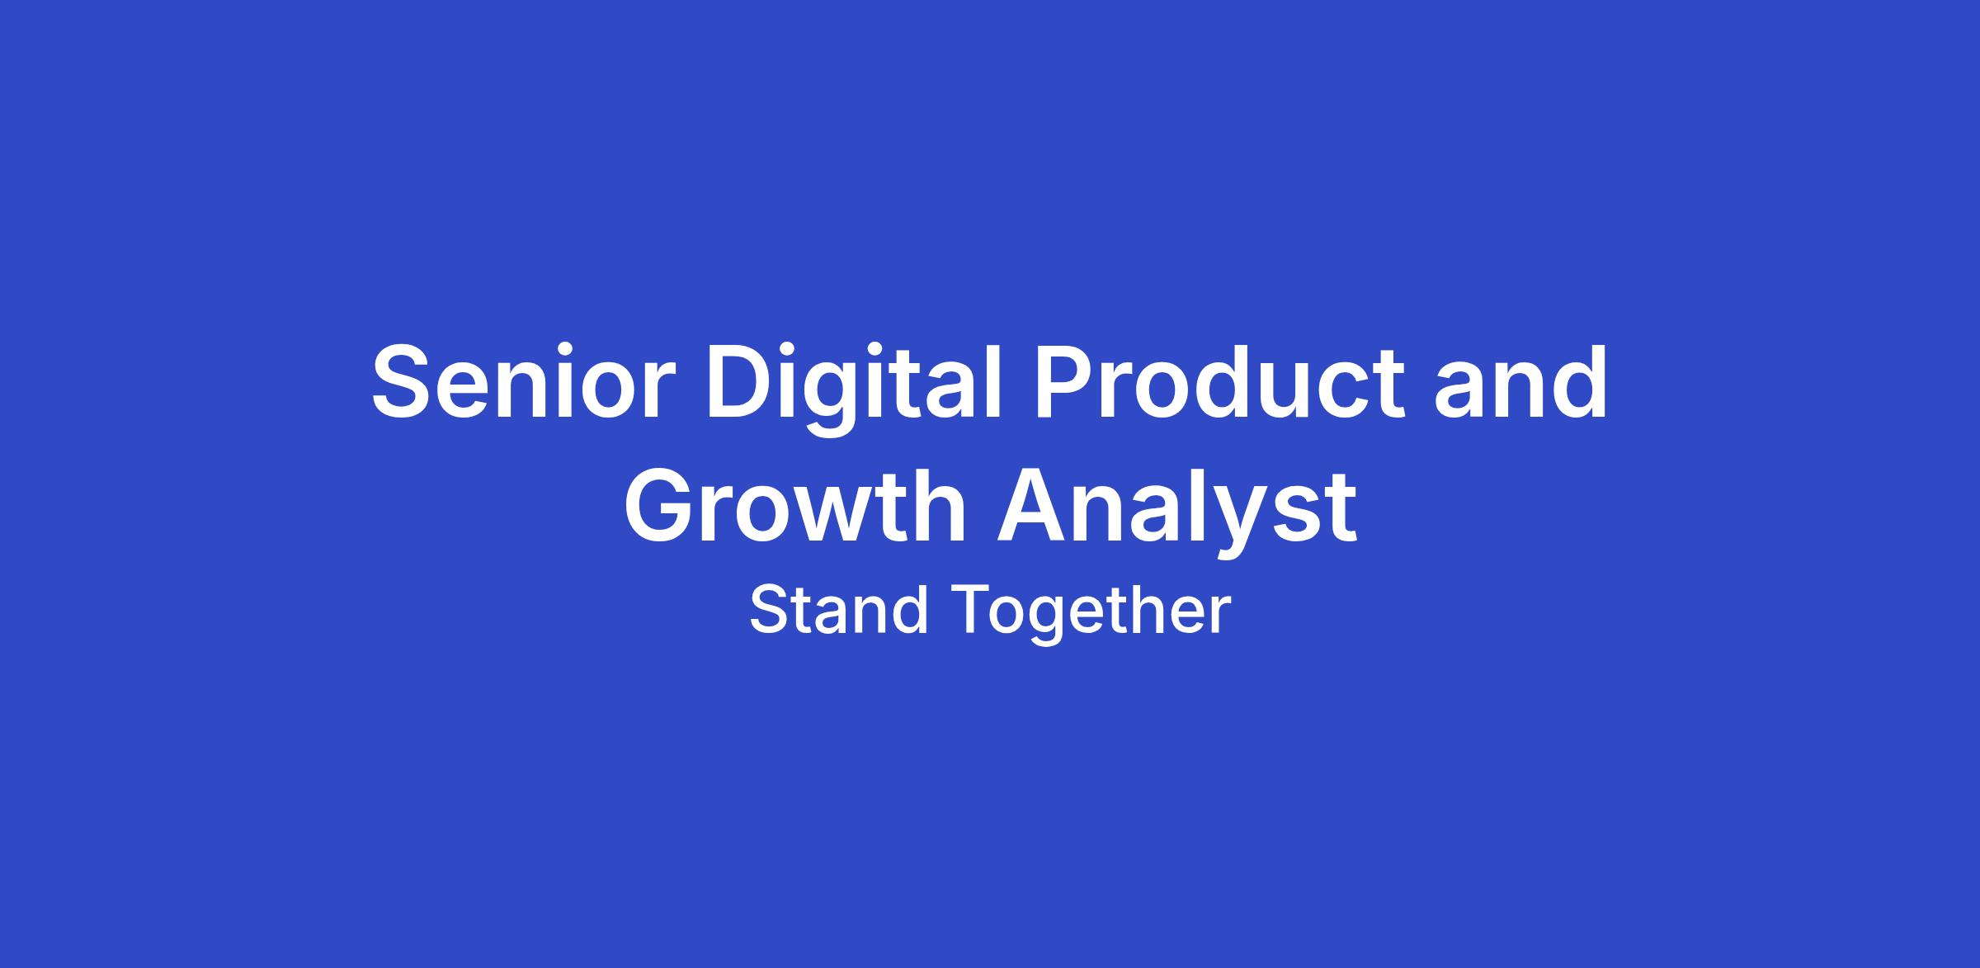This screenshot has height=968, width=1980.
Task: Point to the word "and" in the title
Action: tap(1520, 381)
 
